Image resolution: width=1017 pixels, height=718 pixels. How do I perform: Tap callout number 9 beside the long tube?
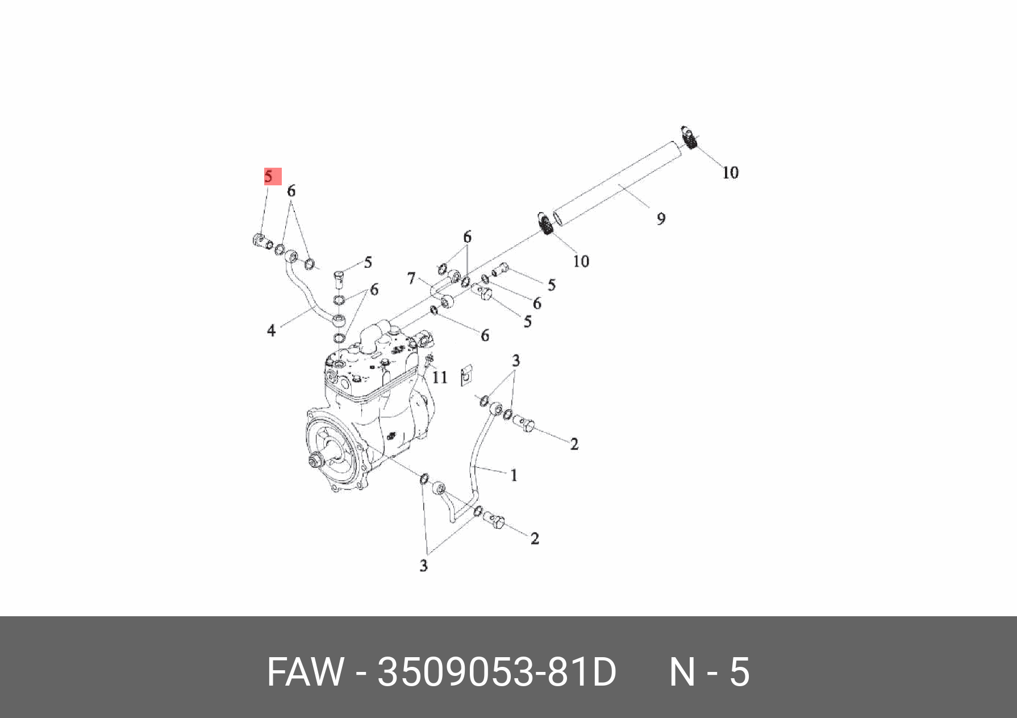pos(661,218)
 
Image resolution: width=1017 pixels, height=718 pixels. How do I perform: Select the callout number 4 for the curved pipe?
pos(271,330)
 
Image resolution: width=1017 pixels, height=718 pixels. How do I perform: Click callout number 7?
pos(411,279)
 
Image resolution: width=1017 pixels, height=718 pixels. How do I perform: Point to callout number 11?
pos(440,377)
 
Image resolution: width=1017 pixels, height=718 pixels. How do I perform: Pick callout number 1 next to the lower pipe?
pos(514,475)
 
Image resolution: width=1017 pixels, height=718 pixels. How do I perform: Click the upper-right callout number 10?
pos(730,172)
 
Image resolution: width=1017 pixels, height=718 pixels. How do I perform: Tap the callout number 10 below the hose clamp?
pos(581,261)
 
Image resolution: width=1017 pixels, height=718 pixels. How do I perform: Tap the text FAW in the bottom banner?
pos(305,672)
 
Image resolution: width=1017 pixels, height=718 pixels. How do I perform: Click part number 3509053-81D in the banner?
pos(497,672)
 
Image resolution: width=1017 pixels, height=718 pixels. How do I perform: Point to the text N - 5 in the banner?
pos(710,672)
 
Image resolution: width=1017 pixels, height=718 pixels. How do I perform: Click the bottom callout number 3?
pos(423,566)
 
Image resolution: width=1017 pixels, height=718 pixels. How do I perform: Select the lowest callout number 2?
pos(535,538)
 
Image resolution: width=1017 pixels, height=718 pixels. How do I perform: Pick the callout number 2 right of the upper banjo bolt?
pos(574,443)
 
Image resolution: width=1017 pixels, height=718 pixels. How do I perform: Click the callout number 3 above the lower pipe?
pos(515,360)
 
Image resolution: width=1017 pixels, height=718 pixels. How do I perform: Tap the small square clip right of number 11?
pos(465,375)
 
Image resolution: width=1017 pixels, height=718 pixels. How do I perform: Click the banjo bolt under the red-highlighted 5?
pos(259,240)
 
